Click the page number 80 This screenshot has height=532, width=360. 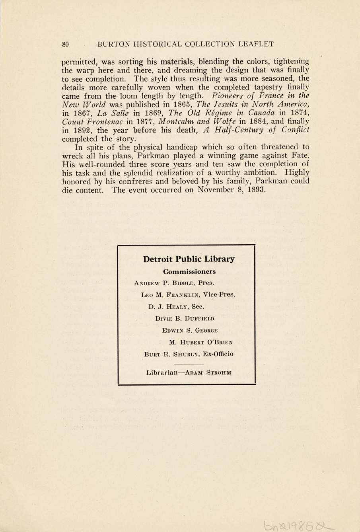[66, 44]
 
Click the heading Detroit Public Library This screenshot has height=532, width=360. [189, 259]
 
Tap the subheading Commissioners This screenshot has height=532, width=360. [189, 272]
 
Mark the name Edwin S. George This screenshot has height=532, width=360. [190, 330]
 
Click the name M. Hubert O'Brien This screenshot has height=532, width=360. [201, 342]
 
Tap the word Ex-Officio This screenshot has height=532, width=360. [218, 354]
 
